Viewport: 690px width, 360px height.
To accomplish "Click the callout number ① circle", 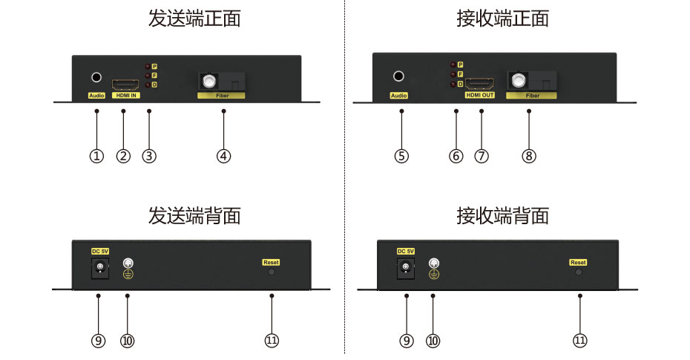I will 96,156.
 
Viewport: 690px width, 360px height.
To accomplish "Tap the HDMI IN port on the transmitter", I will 123,83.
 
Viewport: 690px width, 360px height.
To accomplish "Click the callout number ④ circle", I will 224,156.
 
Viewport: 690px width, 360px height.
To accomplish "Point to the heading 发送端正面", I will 194,19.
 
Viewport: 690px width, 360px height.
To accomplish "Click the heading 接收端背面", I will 502,216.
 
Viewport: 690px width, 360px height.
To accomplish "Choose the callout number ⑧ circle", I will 529,156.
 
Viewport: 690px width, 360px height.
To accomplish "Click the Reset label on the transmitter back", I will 271,262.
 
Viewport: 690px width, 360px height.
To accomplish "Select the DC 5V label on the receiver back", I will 406,251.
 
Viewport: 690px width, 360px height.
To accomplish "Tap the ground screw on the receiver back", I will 434,263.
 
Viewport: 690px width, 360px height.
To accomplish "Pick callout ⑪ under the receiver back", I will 579,340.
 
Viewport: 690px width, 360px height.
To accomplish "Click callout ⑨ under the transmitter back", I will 98,340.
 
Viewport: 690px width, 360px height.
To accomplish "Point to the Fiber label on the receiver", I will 532,96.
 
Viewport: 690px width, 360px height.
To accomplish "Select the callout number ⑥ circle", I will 456,156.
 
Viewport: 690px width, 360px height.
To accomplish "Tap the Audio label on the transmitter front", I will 96,96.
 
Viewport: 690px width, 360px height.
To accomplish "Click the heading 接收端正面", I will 502,19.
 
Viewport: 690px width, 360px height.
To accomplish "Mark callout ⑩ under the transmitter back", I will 127,340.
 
